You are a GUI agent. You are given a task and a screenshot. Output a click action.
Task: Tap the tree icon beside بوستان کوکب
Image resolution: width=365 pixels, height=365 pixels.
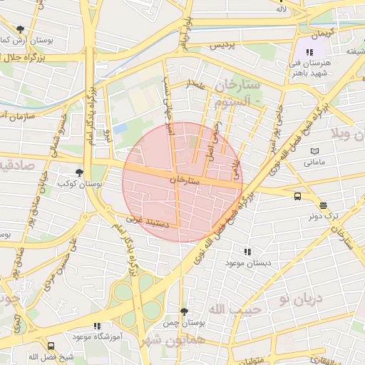(x=79, y=173)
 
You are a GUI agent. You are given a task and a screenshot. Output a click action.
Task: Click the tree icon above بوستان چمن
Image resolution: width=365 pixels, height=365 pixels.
(x=185, y=312)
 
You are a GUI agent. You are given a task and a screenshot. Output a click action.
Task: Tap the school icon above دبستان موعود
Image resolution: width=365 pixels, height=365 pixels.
(x=247, y=252)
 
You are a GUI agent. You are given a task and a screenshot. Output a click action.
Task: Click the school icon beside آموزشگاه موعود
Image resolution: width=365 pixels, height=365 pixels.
(x=98, y=327)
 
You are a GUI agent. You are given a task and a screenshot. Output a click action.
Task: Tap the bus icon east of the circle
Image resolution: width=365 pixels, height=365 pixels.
(x=297, y=196)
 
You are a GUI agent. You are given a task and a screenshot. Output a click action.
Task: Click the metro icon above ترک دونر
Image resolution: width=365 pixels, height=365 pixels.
(x=324, y=205)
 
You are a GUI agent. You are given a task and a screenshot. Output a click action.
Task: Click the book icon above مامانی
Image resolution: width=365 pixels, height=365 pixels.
(x=316, y=151)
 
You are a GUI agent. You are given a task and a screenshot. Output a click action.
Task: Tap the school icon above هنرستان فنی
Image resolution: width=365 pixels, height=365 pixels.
(x=309, y=52)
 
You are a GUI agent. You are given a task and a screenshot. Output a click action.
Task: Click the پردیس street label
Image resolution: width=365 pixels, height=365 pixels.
(x=221, y=45)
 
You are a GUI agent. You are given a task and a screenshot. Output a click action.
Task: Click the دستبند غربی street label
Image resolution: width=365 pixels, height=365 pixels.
(x=151, y=222)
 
